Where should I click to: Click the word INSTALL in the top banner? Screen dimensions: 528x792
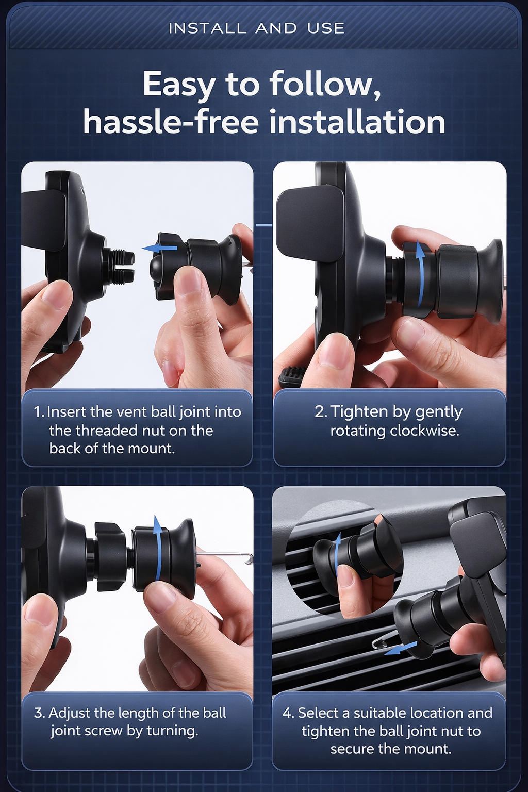point(207,28)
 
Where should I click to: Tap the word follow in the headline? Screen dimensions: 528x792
point(325,85)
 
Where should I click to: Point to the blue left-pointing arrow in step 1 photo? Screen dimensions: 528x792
point(159,248)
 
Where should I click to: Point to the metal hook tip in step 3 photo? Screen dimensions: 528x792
point(250,559)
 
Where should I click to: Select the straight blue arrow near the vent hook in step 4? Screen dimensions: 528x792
point(400,648)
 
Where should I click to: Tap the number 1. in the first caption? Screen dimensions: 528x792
point(40,412)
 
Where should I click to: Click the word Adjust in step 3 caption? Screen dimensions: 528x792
point(70,713)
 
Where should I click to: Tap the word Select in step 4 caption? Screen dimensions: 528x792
point(319,713)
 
